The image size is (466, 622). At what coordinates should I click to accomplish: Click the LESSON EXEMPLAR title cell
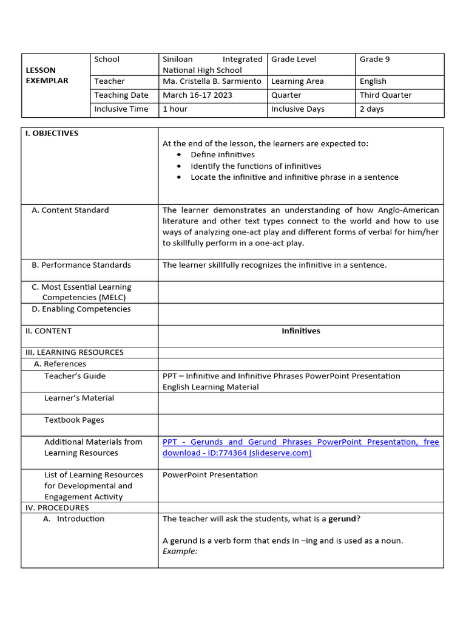47,75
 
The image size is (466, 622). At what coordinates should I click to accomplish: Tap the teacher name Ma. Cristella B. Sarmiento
212,81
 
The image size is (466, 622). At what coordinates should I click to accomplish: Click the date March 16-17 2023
197,95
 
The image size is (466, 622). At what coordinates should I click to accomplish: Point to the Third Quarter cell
385,95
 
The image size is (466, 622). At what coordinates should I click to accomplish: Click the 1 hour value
175,109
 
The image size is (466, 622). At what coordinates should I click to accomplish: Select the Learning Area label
297,81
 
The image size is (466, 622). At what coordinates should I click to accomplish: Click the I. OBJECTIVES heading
52,134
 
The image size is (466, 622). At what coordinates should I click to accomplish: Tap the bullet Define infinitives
223,155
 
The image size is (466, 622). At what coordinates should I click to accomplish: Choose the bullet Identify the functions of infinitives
255,166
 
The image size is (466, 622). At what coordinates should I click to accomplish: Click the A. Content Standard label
70,210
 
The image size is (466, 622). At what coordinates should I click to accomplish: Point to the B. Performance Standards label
81,265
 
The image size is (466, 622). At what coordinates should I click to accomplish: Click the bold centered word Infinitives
300,332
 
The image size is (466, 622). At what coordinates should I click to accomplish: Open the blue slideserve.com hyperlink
300,448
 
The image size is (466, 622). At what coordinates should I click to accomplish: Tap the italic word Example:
180,552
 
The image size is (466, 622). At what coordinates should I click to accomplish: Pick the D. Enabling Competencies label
81,309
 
